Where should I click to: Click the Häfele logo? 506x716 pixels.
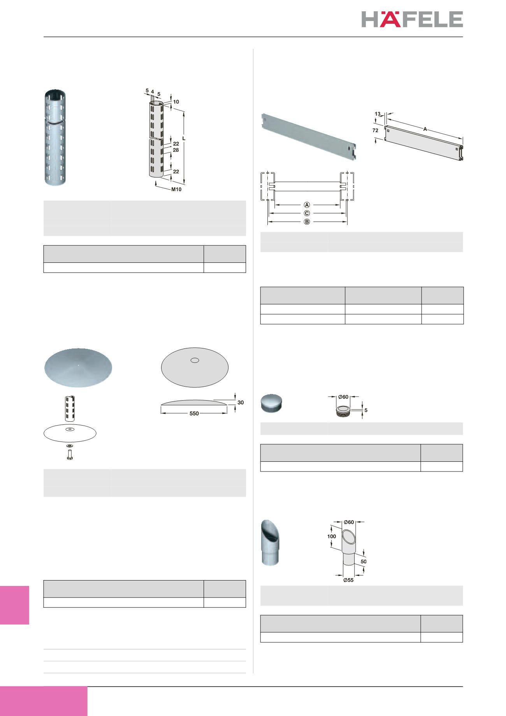click(412, 19)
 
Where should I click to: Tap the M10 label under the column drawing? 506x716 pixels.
click(176, 190)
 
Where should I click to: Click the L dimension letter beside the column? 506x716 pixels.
click(184, 139)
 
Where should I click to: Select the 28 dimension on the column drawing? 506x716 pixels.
click(176, 150)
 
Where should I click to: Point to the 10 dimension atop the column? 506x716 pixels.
click(176, 102)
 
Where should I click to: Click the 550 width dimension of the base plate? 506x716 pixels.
click(194, 413)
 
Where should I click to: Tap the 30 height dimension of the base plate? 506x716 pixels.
click(241, 402)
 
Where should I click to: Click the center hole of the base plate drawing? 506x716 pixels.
click(195, 360)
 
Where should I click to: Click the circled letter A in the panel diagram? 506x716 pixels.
click(307, 205)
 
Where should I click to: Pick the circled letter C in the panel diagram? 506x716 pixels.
click(307, 213)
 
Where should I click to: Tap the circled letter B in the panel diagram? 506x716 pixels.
click(307, 222)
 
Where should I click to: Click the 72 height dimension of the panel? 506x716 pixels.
click(375, 131)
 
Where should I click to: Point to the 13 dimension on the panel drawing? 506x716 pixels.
click(378, 114)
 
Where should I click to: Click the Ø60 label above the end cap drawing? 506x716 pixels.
click(343, 397)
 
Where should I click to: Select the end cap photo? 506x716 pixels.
click(271, 403)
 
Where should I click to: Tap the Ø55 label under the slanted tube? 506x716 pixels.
click(348, 580)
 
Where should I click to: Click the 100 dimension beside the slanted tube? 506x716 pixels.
click(331, 537)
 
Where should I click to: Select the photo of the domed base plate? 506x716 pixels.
click(78, 368)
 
